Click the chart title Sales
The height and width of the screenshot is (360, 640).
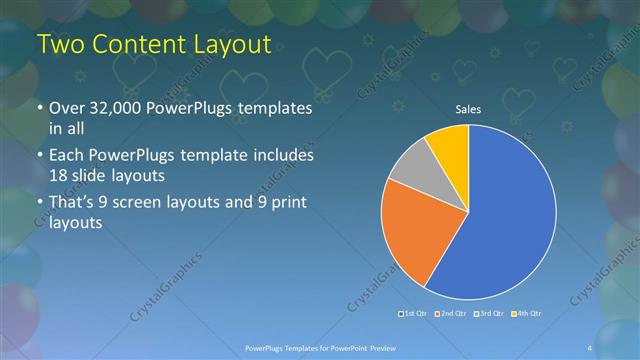coord(468,110)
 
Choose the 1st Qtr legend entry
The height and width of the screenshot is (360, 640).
coord(416,314)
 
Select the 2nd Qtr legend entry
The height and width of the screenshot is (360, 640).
coord(452,314)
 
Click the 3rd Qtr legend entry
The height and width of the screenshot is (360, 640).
coord(490,314)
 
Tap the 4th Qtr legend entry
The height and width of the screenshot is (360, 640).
coord(527,314)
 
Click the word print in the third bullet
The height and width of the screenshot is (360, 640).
coord(288,205)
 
